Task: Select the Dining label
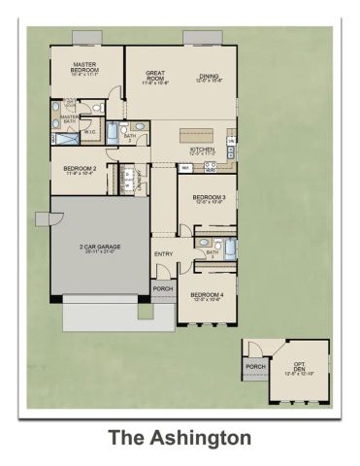pyautogui.click(x=208, y=79)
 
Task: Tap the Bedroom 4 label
pyautogui.click(x=206, y=296)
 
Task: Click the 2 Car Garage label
pyautogui.click(x=101, y=250)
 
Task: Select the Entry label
pyautogui.click(x=163, y=254)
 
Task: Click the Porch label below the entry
pyautogui.click(x=163, y=288)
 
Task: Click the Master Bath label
pyautogui.click(x=70, y=118)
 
